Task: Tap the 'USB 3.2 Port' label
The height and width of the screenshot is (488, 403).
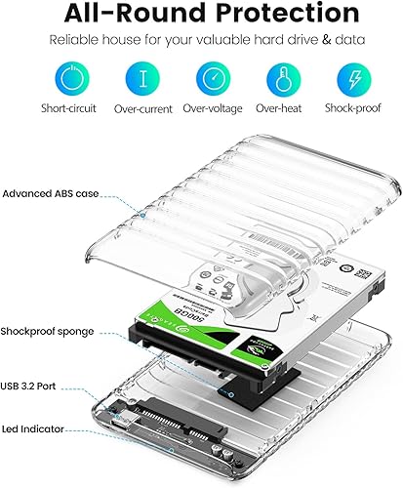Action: click(x=38, y=386)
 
